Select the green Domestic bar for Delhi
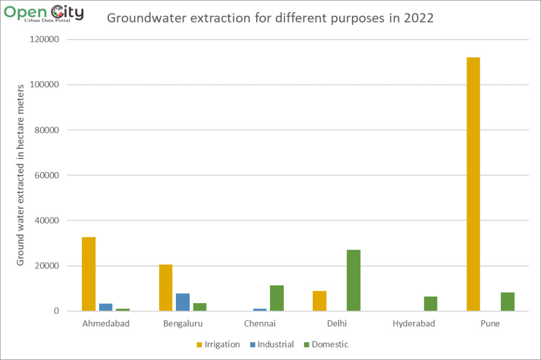353,280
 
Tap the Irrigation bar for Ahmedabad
89,274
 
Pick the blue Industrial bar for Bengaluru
183,302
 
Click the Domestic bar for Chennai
277,298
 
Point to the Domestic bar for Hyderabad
431,304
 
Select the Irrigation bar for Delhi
320,301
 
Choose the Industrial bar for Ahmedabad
106,307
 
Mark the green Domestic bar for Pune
508,301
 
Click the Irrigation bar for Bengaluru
166,288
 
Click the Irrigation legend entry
218,345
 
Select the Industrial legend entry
272,345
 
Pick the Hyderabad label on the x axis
414,324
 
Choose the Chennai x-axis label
260,324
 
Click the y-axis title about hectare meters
21,175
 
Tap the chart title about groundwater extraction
270,18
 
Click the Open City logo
43,13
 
